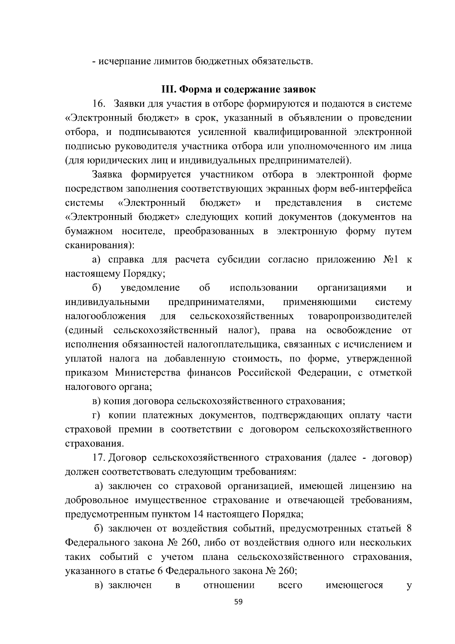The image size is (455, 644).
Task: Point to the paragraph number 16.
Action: pos(100,104)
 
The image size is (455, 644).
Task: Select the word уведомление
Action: pos(150,288)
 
